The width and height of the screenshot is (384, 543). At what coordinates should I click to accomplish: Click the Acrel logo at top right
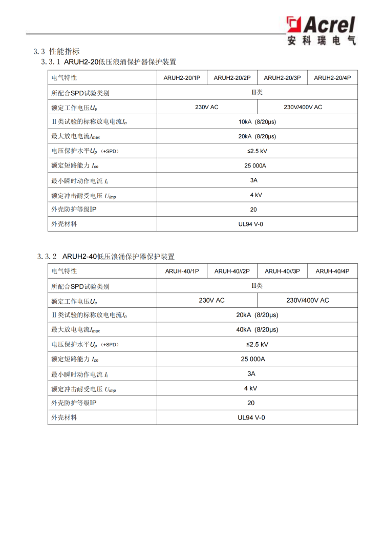click(x=321, y=30)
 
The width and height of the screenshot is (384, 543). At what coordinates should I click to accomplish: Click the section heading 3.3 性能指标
click(x=57, y=51)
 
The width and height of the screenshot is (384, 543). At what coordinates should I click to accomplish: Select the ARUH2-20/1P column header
click(x=182, y=78)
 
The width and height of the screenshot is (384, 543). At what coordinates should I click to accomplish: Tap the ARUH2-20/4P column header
click(x=332, y=78)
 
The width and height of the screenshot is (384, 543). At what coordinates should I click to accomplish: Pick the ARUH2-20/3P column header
click(x=282, y=78)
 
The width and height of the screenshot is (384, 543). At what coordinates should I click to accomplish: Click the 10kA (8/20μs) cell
click(x=257, y=122)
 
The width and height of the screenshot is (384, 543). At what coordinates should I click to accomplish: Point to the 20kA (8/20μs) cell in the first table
click(x=257, y=136)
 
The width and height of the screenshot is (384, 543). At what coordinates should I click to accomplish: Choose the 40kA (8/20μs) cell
click(x=257, y=329)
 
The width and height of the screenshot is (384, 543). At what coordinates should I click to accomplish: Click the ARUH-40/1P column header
click(x=182, y=271)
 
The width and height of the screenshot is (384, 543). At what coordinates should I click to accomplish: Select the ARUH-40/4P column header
click(x=332, y=271)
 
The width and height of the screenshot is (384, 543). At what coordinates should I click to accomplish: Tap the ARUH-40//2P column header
click(x=232, y=271)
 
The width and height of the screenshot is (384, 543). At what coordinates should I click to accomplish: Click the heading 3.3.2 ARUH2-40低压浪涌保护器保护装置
click(x=106, y=256)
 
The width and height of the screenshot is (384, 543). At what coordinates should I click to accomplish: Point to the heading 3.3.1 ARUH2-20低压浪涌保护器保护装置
click(x=109, y=62)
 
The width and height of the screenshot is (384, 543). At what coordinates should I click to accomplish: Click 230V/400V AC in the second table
click(x=307, y=300)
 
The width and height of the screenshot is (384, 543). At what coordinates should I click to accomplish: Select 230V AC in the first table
click(x=207, y=107)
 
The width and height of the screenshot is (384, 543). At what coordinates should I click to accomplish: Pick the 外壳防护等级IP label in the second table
click(x=74, y=403)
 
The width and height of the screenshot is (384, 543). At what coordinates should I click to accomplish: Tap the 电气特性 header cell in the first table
click(x=64, y=78)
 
